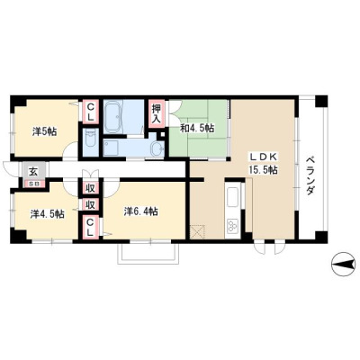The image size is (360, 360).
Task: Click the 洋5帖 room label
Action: coord(44,131)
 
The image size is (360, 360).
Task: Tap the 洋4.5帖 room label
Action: coord(47,214)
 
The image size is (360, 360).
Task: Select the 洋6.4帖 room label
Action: coord(141,211)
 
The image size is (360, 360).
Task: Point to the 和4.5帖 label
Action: coord(197,129)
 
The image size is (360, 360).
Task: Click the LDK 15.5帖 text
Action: coord(262,164)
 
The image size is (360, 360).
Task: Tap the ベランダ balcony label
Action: coord(311,176)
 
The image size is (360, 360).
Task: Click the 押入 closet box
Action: coord(157,113)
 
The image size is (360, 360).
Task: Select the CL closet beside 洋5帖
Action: coord(91,112)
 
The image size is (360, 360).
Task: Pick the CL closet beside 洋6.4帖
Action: coord(90,227)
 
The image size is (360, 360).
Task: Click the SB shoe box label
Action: coord(32,184)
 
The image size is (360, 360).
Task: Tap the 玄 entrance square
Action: coord(32,172)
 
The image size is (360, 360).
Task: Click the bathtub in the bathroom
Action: coord(113,117)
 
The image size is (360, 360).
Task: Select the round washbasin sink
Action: coord(157,148)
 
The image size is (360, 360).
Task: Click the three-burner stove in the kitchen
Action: coord(233,227)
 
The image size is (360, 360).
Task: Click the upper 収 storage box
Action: coord(90,189)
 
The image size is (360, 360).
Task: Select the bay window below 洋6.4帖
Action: coord(148,252)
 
